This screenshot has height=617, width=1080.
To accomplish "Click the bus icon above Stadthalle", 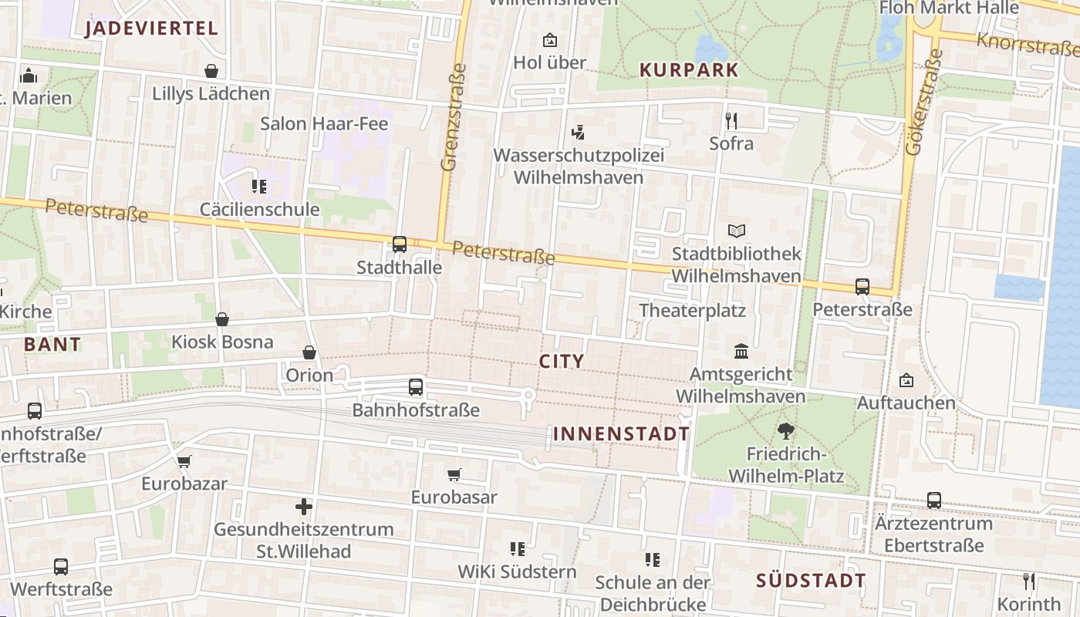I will click(399, 244).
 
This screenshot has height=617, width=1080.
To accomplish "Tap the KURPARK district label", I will click(689, 70).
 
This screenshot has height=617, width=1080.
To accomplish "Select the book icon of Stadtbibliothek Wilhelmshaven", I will click(737, 231).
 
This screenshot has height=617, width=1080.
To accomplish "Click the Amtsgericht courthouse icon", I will click(741, 352).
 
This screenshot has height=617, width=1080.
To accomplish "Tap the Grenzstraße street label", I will click(454, 117).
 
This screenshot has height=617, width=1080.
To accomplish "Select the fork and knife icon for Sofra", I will click(731, 120).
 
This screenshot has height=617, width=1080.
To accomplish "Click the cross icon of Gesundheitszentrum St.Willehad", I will click(304, 507).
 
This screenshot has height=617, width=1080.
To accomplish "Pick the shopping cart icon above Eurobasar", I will click(454, 474).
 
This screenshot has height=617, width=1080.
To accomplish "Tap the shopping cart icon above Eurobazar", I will click(184, 461).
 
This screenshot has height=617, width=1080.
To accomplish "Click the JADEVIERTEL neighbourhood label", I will click(151, 29).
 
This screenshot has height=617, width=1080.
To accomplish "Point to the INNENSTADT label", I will click(621, 433).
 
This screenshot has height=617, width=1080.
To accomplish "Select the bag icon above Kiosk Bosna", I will click(222, 319).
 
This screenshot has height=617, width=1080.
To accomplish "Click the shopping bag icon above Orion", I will click(309, 352).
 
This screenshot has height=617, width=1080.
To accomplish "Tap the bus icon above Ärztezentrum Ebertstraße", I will click(933, 501).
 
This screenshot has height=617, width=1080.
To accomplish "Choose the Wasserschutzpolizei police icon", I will click(578, 133).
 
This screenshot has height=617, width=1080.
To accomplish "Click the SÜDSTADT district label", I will click(811, 581).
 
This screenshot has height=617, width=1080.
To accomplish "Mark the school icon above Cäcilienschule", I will click(258, 187).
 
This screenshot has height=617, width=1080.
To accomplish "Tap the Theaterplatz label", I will click(692, 311).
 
